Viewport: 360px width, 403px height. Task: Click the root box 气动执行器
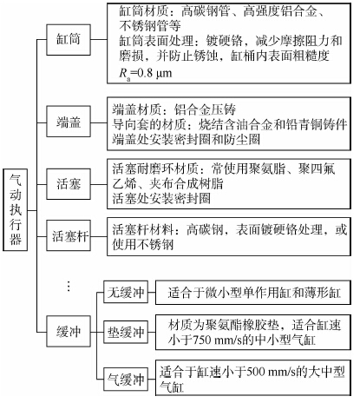(x=16, y=209)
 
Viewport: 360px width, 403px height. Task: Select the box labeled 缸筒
(x=69, y=40)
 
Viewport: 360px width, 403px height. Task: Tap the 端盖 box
(x=69, y=122)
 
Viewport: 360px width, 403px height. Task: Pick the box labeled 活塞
(x=69, y=184)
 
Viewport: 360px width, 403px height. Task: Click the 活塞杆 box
(x=69, y=235)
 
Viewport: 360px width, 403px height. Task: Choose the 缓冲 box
(x=69, y=331)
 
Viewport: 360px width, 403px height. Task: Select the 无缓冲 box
(x=126, y=292)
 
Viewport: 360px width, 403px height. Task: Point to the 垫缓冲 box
(x=126, y=332)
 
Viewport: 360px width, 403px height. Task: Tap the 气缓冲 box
(x=126, y=379)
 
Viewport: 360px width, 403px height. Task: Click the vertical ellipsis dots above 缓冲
(x=69, y=286)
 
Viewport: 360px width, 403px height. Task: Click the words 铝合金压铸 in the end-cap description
(x=205, y=109)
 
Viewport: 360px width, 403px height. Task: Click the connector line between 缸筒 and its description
(x=99, y=40)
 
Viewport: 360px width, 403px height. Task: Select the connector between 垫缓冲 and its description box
(x=152, y=332)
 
